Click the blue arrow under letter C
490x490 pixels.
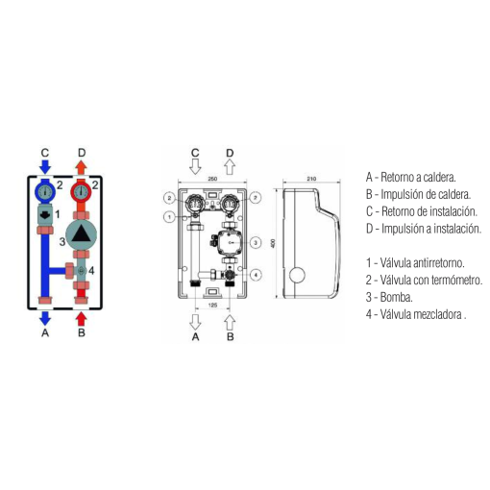tap(45, 167)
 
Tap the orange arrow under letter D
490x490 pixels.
tap(82, 167)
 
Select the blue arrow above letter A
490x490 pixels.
tap(45, 318)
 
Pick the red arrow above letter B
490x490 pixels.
tap(82, 319)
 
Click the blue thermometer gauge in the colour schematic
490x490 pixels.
tap(45, 191)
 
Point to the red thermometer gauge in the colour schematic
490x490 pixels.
tap(82, 191)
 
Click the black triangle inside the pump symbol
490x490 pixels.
tap(81, 233)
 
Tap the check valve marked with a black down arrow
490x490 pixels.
tap(45, 215)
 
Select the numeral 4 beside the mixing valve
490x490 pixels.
tap(91, 271)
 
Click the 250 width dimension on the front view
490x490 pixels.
tap(212, 179)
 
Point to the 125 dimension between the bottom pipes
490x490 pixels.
tap(212, 306)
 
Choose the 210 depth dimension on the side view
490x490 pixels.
tap(311, 179)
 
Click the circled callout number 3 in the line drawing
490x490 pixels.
tap(256, 243)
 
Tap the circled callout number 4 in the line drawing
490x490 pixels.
tap(256, 275)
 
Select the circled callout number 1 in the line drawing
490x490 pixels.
tap(169, 217)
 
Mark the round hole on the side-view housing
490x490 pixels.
tap(297, 275)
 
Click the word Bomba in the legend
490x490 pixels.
tap(396, 298)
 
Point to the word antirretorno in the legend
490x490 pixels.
tap(439, 263)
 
